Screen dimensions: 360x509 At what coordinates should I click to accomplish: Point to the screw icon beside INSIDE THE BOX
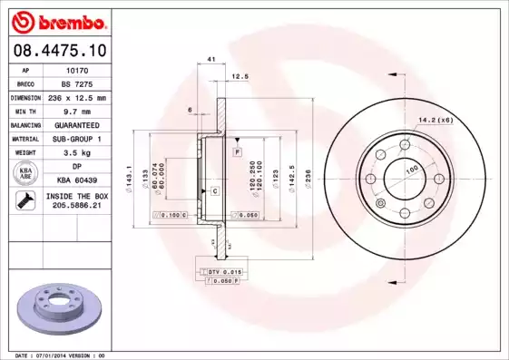pyautogui.click(x=24, y=202)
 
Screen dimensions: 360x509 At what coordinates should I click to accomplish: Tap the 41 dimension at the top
pyautogui.click(x=210, y=59)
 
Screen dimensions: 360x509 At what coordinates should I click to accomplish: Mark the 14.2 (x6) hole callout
pyautogui.click(x=435, y=118)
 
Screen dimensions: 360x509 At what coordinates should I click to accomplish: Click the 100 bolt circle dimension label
pyautogui.click(x=411, y=170)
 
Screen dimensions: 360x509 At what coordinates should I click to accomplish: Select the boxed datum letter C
pyautogui.click(x=215, y=191)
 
